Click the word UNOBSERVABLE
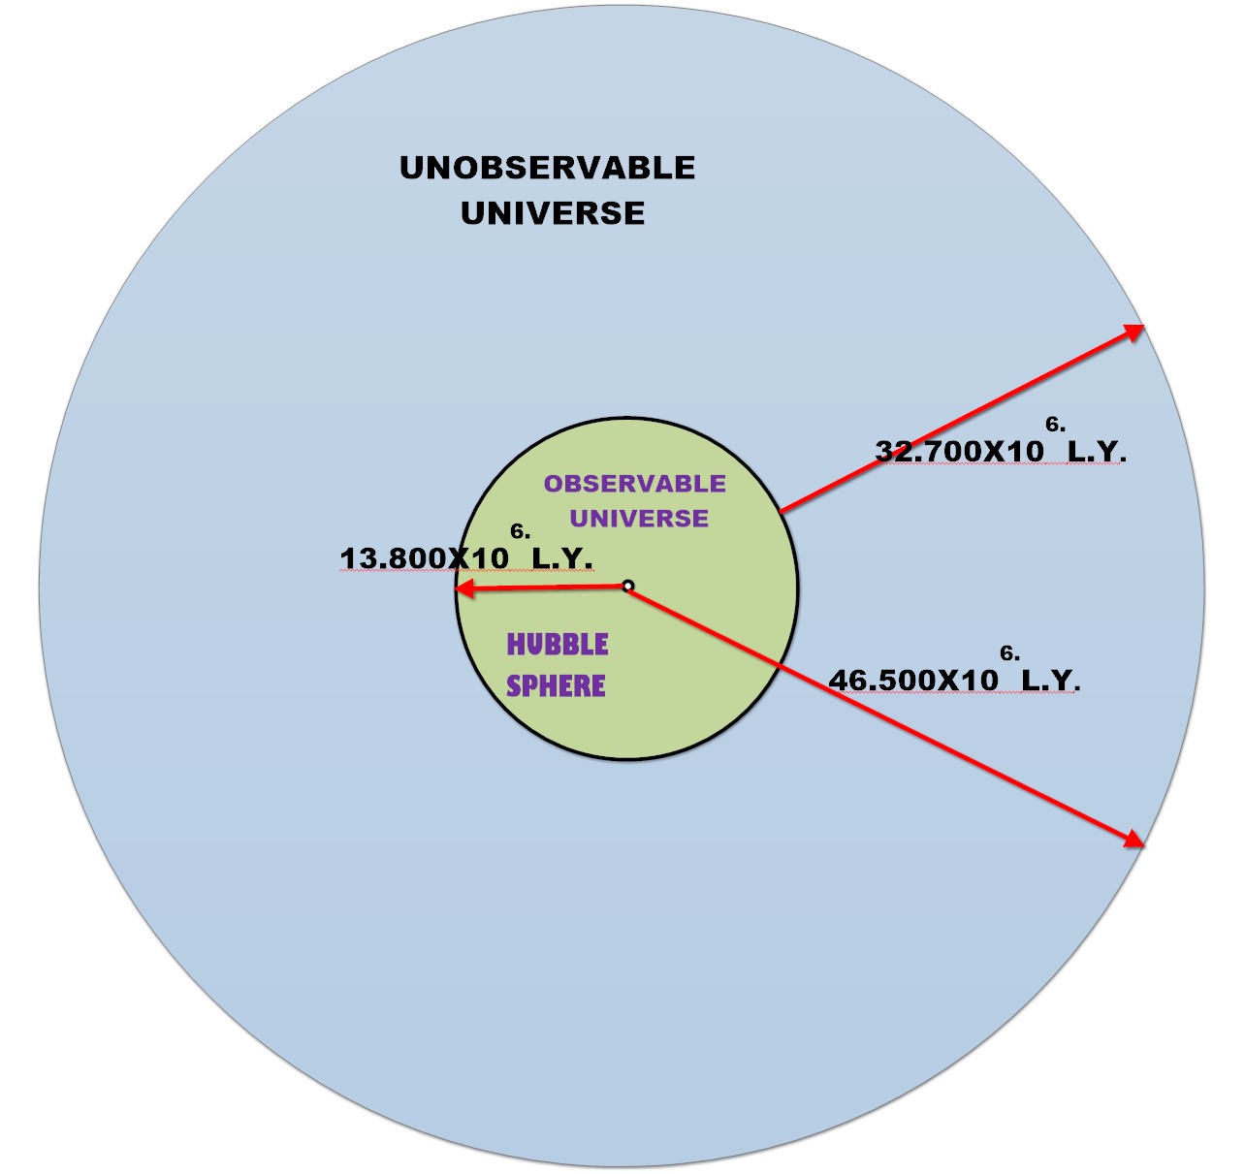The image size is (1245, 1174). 547,168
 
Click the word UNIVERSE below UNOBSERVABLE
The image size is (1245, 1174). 553,213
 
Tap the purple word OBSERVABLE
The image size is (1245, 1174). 634,484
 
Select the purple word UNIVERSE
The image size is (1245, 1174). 639,519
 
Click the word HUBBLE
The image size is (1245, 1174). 558,645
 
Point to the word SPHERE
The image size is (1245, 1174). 556,686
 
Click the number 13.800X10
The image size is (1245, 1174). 425,559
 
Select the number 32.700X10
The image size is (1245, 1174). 960,452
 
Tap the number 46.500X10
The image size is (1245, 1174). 913,681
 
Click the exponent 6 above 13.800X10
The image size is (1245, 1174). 519,531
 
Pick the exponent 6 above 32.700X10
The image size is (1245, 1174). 1054,424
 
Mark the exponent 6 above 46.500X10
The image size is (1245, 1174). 1008,653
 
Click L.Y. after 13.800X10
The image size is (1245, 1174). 562,559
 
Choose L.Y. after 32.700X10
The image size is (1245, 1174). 1097,452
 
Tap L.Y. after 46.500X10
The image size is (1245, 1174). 1051,681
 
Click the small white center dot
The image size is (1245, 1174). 627,586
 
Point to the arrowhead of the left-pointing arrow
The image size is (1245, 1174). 464,588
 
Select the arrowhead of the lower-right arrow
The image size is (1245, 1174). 1134,840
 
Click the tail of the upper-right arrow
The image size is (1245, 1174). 782,511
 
